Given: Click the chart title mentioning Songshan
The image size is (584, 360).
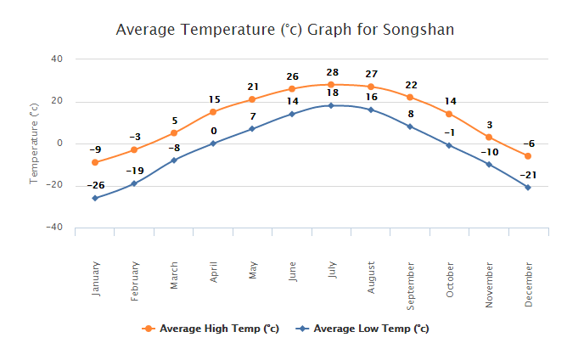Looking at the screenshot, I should (x=284, y=31).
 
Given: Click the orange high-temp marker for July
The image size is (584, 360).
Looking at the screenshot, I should (x=331, y=85).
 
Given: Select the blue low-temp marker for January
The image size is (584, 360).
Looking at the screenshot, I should (x=95, y=198).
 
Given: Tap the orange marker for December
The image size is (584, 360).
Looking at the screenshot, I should (x=528, y=156).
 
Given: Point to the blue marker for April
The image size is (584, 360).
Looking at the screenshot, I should (x=213, y=143).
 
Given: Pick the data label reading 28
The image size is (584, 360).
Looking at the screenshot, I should (x=331, y=72).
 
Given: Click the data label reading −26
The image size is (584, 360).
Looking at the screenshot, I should (x=95, y=185).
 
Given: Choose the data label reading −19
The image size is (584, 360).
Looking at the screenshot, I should (x=134, y=171).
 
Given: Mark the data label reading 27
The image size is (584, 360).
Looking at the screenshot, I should (x=371, y=74).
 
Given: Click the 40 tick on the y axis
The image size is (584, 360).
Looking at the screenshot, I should (x=58, y=59).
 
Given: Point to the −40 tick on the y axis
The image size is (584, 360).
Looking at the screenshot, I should (x=54, y=228).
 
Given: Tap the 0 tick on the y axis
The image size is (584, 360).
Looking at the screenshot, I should (x=60, y=143).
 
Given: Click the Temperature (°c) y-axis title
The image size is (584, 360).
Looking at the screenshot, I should (x=34, y=143).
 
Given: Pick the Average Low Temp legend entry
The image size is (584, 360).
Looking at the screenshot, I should (x=362, y=329).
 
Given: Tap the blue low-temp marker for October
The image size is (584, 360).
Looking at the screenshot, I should (x=449, y=146).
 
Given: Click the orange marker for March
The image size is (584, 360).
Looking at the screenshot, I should (x=174, y=133).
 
